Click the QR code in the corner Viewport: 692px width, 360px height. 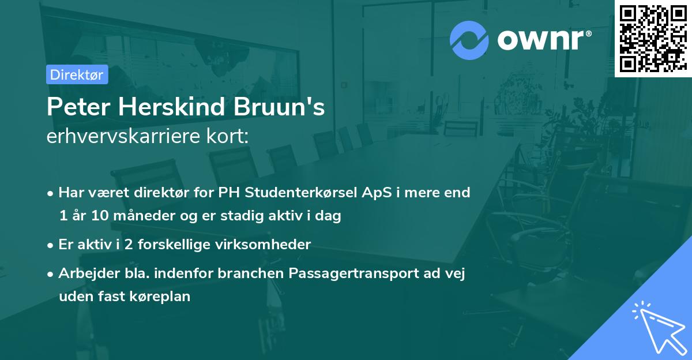652,39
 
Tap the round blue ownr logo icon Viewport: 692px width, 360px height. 469,40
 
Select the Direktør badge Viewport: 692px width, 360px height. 77,74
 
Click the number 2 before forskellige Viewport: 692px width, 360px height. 130,244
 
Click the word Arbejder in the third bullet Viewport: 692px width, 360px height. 84,273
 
